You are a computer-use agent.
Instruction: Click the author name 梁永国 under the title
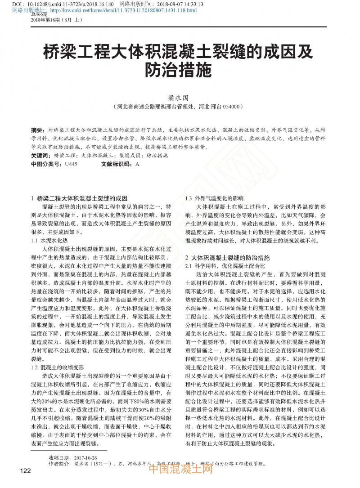pyautogui.click(x=180, y=97)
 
